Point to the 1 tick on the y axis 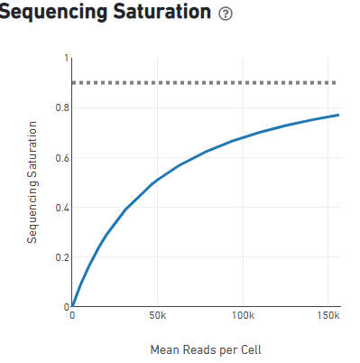(x=65, y=59)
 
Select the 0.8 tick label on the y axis (x=60, y=108)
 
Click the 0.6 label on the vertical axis (x=60, y=158)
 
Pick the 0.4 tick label (x=60, y=208)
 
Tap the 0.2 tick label (x=60, y=257)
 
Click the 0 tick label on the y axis (x=65, y=307)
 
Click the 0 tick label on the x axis (x=72, y=317)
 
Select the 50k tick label (x=157, y=317)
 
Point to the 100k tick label (x=242, y=317)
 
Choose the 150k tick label (x=327, y=317)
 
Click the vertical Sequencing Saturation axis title (x=32, y=181)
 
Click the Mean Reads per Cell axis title (x=205, y=349)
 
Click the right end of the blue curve (x=338, y=115)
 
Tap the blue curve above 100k (x=242, y=137)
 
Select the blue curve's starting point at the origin (x=72, y=306)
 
